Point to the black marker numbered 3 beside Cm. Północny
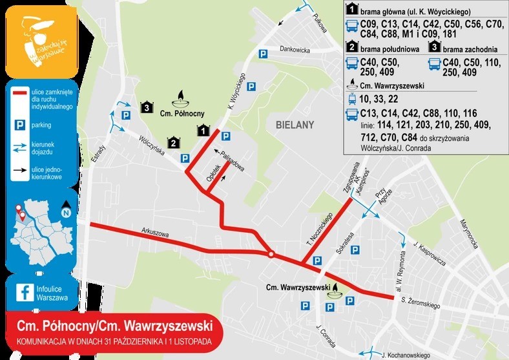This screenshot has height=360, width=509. (148, 107)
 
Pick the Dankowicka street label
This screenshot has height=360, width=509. (296, 49)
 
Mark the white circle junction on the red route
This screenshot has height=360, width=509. (271, 254)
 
